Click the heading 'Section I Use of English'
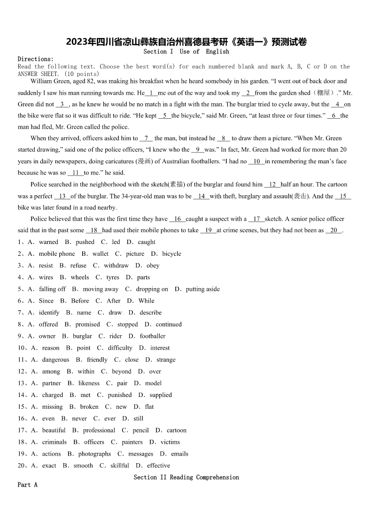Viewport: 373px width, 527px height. [x=186, y=52]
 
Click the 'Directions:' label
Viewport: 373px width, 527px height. [x=36, y=59]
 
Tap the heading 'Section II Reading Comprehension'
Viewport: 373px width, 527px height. [x=186, y=477]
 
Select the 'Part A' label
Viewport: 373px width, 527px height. [x=27, y=485]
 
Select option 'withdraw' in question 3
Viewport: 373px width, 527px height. [x=116, y=266]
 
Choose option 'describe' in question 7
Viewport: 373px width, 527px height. [x=150, y=313]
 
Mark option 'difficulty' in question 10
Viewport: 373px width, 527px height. [x=120, y=348]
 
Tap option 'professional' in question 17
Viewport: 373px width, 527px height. [x=99, y=430]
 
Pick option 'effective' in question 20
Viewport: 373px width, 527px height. [x=158, y=466]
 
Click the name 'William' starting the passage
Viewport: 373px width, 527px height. [x=42, y=81]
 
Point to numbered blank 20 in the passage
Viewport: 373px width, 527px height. [x=334, y=230]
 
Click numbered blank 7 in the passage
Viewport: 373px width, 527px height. [x=146, y=138]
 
